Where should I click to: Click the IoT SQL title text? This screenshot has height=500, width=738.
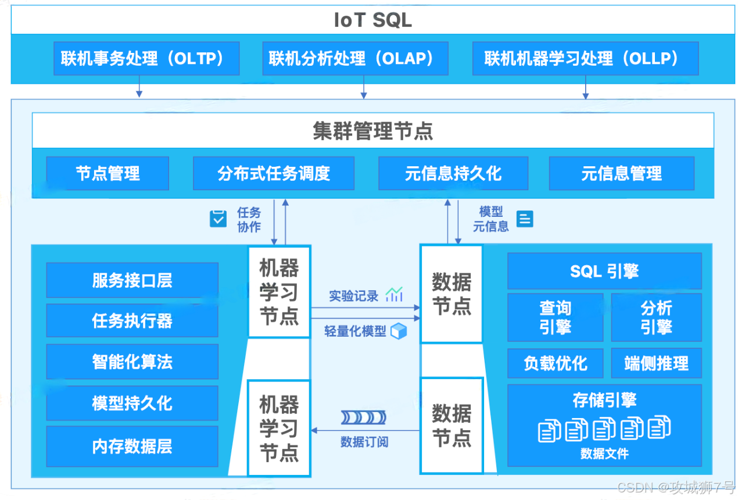(372, 20)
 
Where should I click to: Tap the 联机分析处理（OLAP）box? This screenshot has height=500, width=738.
(355, 58)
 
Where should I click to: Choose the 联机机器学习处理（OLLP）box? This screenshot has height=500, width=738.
(585, 58)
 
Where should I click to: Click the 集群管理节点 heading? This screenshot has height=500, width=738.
(372, 131)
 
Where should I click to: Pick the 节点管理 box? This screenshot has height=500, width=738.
(108, 173)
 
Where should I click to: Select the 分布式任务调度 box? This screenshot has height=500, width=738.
(274, 173)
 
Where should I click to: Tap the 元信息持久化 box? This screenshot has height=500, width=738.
(453, 173)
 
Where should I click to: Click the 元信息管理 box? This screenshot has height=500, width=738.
(621, 173)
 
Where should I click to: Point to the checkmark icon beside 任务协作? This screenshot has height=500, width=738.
(218, 219)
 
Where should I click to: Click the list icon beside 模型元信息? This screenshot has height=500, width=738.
(525, 219)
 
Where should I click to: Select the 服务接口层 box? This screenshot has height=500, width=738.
(132, 280)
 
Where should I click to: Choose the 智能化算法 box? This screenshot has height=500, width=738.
(132, 362)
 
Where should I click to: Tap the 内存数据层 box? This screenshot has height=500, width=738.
(132, 446)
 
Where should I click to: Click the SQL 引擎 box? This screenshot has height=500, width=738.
(604, 271)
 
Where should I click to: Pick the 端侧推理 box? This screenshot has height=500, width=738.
(656, 363)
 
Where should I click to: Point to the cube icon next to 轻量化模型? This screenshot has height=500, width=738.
(399, 331)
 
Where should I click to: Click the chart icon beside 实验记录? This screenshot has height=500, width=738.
(394, 295)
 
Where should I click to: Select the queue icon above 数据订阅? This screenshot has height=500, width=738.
(364, 417)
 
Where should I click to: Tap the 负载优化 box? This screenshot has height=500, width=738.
(555, 363)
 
